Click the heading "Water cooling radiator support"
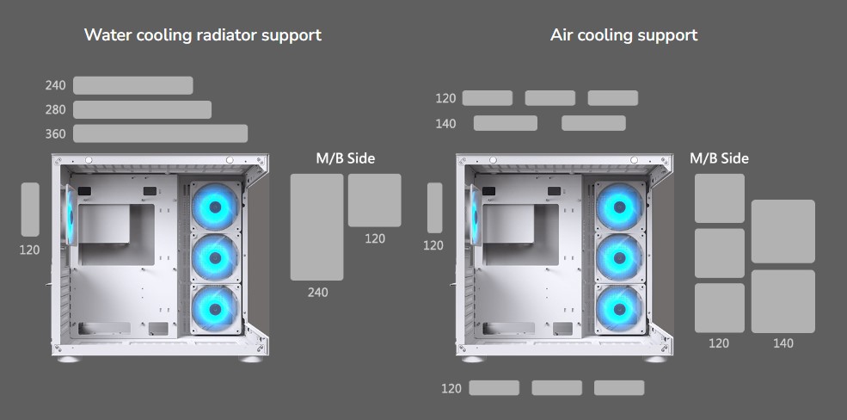click(x=203, y=35)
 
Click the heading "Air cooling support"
click(x=623, y=35)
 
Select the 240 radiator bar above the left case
click(x=132, y=85)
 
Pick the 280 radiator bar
click(x=142, y=109)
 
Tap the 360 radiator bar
click(x=160, y=133)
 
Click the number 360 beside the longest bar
click(x=55, y=134)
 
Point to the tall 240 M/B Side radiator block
click(x=316, y=226)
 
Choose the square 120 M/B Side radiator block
click(x=374, y=200)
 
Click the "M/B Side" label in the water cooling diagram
click(x=345, y=158)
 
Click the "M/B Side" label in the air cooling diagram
click(x=719, y=158)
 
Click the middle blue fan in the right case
click(x=616, y=256)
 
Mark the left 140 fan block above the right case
click(x=505, y=123)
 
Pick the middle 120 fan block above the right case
click(x=549, y=98)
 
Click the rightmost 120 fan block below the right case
click(x=619, y=388)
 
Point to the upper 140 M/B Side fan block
click(x=783, y=231)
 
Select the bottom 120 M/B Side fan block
click(x=719, y=307)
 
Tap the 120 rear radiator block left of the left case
click(x=30, y=209)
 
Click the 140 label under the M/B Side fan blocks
click(x=783, y=343)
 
